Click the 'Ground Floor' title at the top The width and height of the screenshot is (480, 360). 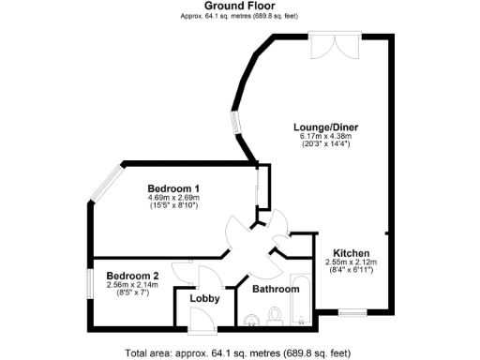pyautogui.click(x=239, y=6)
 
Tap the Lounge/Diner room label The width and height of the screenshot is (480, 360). pyautogui.click(x=325, y=127)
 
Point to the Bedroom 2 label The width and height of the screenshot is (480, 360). pyautogui.click(x=131, y=276)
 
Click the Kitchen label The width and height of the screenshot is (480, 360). pyautogui.click(x=350, y=253)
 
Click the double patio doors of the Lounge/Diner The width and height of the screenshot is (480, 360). pyautogui.click(x=330, y=45)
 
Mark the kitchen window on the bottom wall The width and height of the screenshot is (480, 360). pyautogui.click(x=352, y=311)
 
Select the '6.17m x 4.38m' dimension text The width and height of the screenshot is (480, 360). pyautogui.click(x=325, y=136)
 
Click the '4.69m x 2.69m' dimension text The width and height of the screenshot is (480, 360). pyautogui.click(x=174, y=198)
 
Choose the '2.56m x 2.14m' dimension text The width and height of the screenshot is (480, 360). pyautogui.click(x=132, y=285)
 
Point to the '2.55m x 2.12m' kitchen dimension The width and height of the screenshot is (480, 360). pyautogui.click(x=350, y=262)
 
